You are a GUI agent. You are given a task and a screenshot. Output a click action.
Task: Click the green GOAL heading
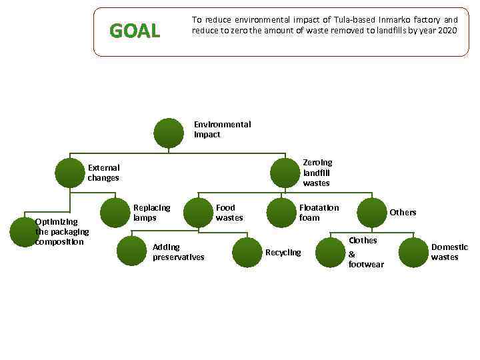pos(135,31)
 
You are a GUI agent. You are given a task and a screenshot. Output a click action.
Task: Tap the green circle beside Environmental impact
pos(169,133)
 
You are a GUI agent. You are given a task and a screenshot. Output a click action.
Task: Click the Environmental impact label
pos(222,129)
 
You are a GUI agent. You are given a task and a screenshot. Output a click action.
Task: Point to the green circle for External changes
pos(69,173)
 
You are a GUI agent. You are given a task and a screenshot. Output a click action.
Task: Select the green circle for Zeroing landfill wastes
pos(285,173)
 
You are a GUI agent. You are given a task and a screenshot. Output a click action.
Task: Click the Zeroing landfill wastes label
pos(317,173)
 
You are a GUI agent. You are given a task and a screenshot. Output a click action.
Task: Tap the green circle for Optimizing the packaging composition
pos(25,231)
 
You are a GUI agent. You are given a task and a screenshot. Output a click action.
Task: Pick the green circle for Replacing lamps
pos(115,213)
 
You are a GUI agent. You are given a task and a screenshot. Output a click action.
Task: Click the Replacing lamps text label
pos(151,213)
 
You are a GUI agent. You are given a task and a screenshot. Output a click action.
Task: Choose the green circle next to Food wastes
pos(198,213)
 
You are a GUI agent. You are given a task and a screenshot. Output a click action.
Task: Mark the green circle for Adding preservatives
pos(132,251)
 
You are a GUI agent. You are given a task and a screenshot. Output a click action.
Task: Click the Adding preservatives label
pos(178,252)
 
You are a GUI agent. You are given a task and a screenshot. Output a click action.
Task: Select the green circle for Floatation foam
pos(281,213)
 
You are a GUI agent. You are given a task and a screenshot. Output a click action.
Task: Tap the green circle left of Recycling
pos(247,252)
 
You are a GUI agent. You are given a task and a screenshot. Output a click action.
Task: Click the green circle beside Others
pos(372,213)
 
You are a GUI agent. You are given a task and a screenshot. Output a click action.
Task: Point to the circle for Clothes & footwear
pos(330,253)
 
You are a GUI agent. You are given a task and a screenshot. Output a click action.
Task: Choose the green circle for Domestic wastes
pos(413,252)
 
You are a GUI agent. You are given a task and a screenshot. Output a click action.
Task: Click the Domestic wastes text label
pos(449,252)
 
